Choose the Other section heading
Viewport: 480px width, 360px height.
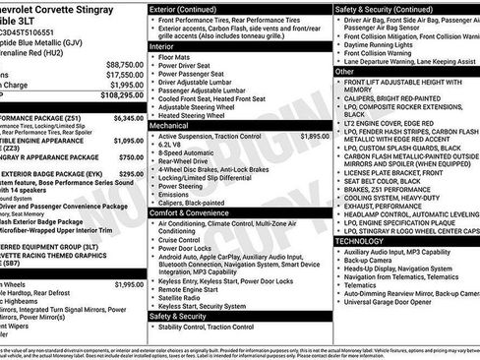coord(345,72)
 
